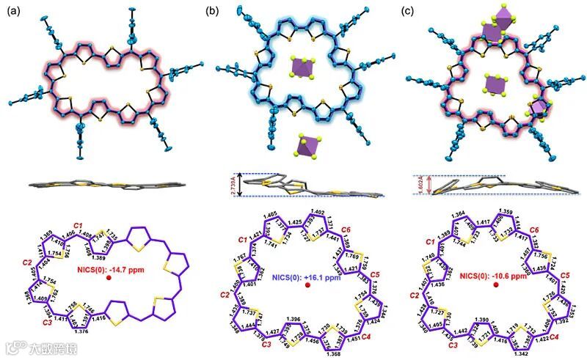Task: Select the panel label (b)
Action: tap(213, 11)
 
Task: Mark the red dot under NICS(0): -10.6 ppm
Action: tap(497, 287)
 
